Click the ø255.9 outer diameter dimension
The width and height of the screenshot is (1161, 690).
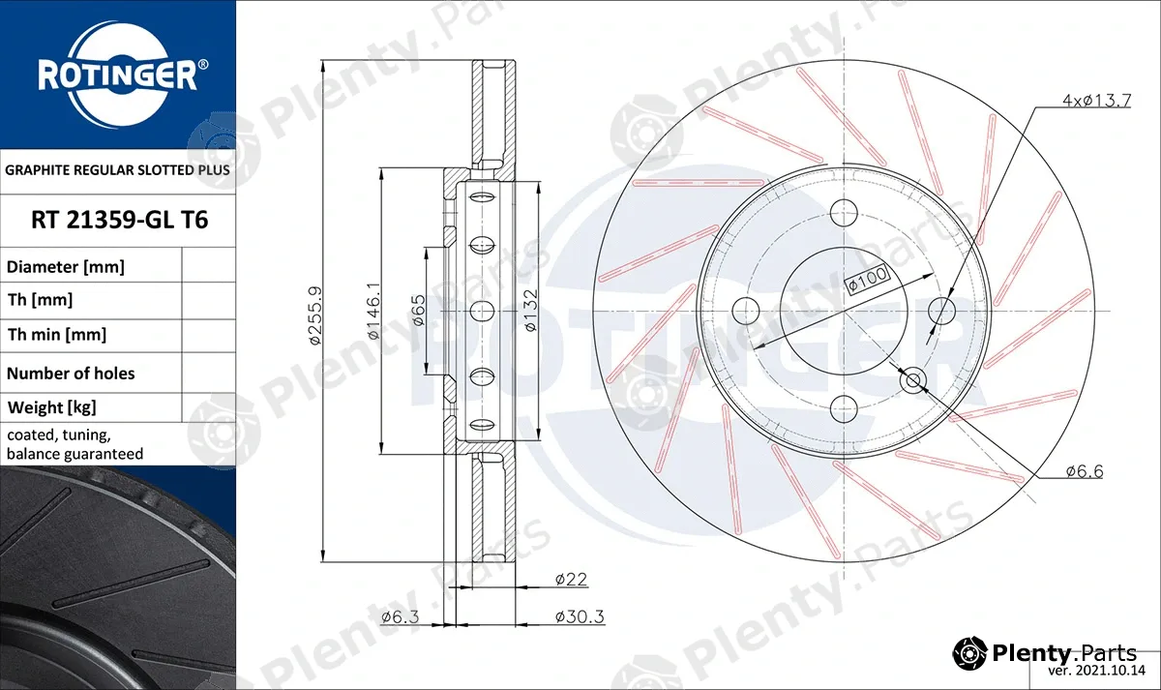click(315, 315)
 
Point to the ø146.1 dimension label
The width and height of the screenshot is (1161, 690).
click(373, 311)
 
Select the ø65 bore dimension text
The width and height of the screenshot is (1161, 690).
click(419, 310)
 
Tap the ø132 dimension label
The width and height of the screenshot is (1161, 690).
click(531, 310)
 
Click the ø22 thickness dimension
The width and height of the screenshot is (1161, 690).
click(571, 579)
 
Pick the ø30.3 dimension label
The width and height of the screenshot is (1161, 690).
click(580, 616)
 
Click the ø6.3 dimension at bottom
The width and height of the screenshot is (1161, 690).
click(400, 616)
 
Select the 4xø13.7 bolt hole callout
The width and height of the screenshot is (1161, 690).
click(1097, 100)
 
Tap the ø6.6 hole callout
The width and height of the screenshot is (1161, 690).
click(1085, 471)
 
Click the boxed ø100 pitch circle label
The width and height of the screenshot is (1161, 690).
click(867, 281)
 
